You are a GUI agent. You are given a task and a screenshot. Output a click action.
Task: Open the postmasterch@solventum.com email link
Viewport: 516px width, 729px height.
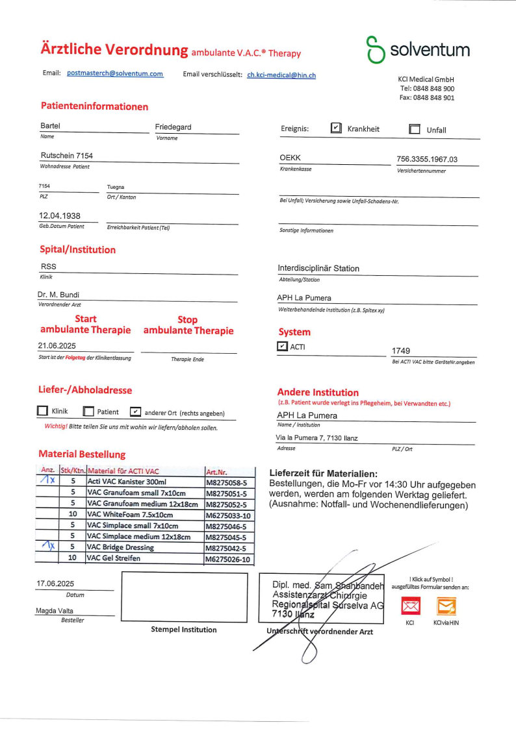coord(115,73)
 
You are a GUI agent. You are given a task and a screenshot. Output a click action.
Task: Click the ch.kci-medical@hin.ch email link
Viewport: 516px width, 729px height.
coord(281,75)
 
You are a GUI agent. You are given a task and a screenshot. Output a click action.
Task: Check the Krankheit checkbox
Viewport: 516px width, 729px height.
coord(336,129)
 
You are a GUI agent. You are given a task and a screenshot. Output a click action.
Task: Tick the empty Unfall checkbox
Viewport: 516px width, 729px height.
coord(415,129)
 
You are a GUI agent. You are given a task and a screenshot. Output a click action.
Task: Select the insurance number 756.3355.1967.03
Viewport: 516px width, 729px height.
coord(427,159)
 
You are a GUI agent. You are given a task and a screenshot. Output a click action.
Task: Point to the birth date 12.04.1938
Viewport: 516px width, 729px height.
coord(60,215)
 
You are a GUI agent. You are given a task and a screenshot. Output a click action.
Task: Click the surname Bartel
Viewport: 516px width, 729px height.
coord(50,126)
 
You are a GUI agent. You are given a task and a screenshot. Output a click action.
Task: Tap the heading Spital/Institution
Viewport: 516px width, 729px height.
coord(78,250)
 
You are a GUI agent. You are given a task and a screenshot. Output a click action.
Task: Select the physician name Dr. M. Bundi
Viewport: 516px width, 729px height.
coord(59,295)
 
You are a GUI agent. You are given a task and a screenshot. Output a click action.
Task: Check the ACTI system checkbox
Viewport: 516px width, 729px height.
coord(282,347)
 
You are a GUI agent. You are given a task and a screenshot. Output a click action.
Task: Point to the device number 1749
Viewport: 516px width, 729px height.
coord(401,351)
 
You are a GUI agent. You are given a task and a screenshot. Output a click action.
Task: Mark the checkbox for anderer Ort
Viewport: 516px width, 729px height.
coord(135,412)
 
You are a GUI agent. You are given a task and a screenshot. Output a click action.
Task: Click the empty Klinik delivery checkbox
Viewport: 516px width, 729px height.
coord(42,412)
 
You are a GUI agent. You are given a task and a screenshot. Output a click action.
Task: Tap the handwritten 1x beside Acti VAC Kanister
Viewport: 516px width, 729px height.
coord(47,480)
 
